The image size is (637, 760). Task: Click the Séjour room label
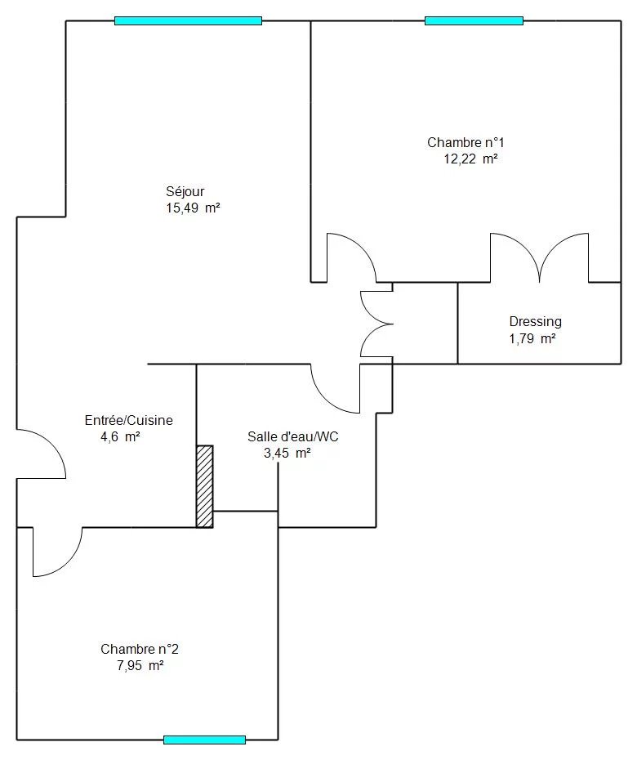(x=185, y=191)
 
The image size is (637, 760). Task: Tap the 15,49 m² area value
(x=194, y=208)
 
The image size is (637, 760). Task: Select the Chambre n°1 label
(x=465, y=142)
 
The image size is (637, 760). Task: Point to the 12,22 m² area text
(x=471, y=159)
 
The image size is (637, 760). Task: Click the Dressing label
(x=535, y=322)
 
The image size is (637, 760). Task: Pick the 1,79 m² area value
(x=532, y=338)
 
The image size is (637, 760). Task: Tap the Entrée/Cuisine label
(x=129, y=420)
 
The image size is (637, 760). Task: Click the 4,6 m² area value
(x=120, y=436)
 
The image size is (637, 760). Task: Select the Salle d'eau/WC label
(x=293, y=436)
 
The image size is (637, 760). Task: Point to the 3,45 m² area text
(x=287, y=454)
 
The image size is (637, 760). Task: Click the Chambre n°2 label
(x=140, y=649)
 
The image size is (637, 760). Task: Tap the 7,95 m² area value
(x=140, y=665)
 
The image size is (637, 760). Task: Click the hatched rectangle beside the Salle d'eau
(x=204, y=486)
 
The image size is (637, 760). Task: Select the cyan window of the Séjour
(x=189, y=21)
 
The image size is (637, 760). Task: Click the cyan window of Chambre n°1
(x=474, y=21)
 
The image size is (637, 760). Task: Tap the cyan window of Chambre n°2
(x=204, y=740)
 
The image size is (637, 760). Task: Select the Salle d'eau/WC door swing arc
(x=327, y=398)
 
